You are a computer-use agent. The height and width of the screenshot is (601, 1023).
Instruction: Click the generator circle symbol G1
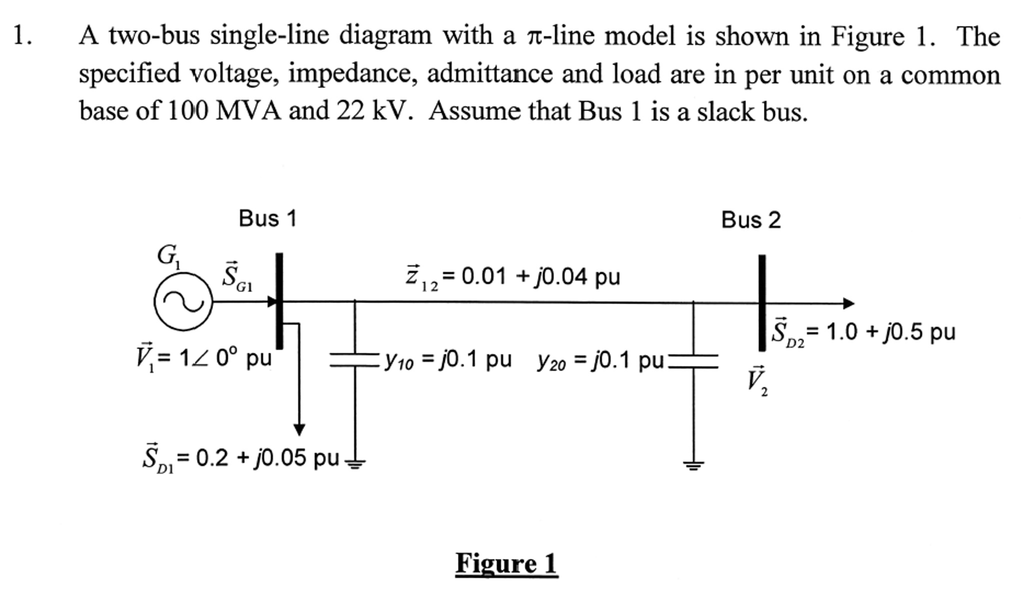tap(183, 301)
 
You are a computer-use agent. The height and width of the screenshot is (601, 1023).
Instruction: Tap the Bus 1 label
tap(267, 218)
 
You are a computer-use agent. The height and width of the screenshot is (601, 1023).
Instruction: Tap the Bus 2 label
tap(750, 220)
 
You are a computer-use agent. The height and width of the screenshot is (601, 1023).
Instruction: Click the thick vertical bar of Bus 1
tap(279, 300)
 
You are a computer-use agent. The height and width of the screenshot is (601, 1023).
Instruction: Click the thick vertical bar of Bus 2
tap(762, 302)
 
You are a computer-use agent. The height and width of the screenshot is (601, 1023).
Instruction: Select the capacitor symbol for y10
tap(354, 360)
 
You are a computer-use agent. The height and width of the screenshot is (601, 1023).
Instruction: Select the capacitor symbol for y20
tap(693, 361)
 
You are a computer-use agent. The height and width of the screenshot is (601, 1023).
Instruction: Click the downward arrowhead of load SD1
tap(299, 429)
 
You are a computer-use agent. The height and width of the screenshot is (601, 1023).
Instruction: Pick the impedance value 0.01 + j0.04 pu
tap(540, 276)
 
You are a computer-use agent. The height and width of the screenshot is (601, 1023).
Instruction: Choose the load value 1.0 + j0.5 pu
tap(890, 332)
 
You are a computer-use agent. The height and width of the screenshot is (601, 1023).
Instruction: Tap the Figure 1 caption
tap(506, 564)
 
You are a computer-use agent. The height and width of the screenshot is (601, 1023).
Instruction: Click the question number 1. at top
tap(22, 36)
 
